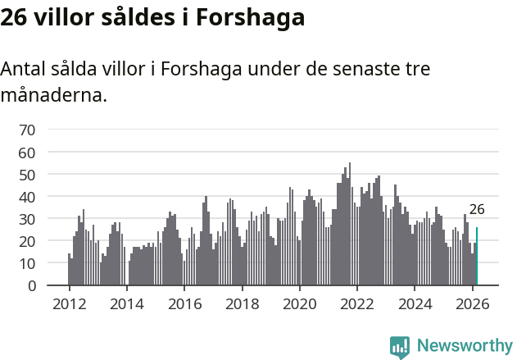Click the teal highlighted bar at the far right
tap(477, 257)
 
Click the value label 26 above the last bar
tap(477, 210)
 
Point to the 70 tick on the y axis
tap(27, 130)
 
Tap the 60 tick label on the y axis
tap(27, 153)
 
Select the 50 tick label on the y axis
tap(27, 175)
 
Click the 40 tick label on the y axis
tap(27, 197)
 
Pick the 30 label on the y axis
tap(27, 219)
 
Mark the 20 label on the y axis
tap(27, 241)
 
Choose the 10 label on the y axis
tap(27, 263)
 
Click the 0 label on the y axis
tap(31, 286)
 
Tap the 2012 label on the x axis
tap(69, 303)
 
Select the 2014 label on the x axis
tap(126, 303)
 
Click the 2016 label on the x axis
tap(184, 303)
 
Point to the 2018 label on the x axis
tap(242, 303)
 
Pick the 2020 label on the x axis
tap(299, 303)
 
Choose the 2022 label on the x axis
tap(357, 303)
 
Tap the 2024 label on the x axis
tap(415, 303)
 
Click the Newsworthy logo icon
tap(400, 346)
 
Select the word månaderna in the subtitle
tap(53, 96)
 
